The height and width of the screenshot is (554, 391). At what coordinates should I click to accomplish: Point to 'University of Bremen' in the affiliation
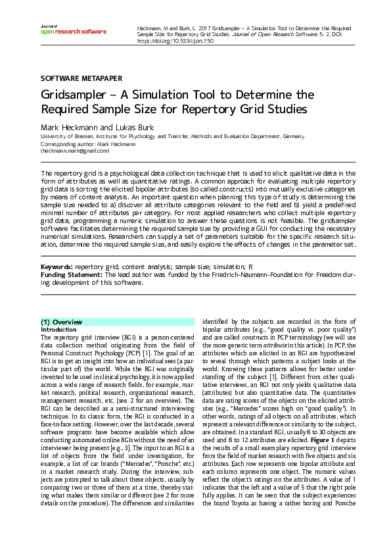[64, 136]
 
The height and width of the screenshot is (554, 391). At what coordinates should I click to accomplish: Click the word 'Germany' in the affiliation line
[293, 136]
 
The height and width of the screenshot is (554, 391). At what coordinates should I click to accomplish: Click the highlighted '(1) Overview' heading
[62, 321]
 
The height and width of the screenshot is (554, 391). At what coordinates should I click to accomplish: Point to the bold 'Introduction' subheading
[58, 329]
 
